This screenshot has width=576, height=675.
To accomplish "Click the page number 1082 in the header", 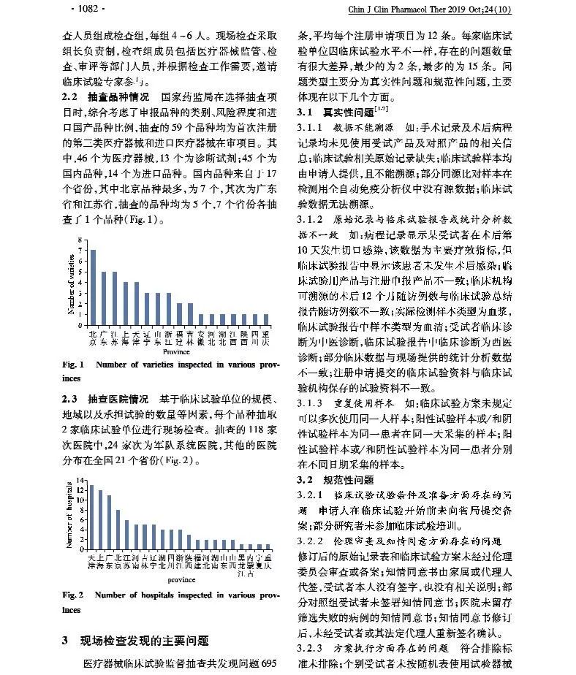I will click(x=87, y=9).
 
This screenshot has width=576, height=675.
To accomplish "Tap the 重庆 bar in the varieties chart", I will click(x=265, y=319).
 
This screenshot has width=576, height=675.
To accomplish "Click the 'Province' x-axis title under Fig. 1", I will click(x=176, y=351).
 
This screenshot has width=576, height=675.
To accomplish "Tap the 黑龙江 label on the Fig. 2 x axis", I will click(x=241, y=568).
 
